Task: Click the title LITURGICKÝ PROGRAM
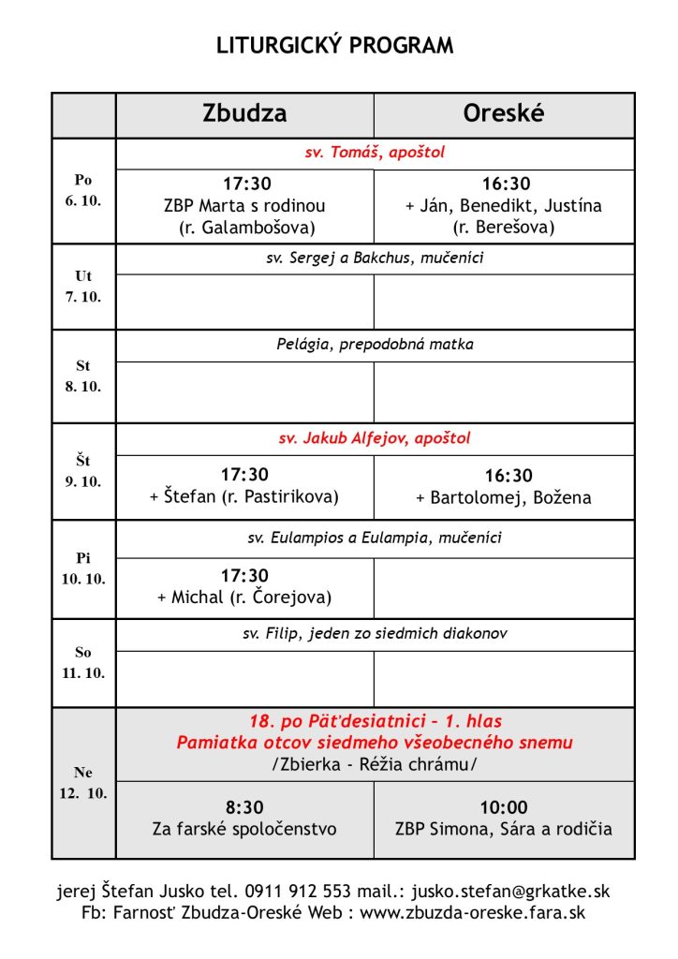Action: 335,46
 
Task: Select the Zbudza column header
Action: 244,114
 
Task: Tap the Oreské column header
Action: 504,114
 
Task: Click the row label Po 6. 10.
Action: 83,190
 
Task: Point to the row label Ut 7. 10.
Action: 83,286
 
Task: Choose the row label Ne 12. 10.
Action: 83,782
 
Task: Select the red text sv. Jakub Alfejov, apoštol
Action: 375,438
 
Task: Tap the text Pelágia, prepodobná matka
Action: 375,345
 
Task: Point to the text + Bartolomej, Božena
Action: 504,498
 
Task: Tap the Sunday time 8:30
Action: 244,807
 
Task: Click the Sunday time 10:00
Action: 504,807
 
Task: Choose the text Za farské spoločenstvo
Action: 244,829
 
